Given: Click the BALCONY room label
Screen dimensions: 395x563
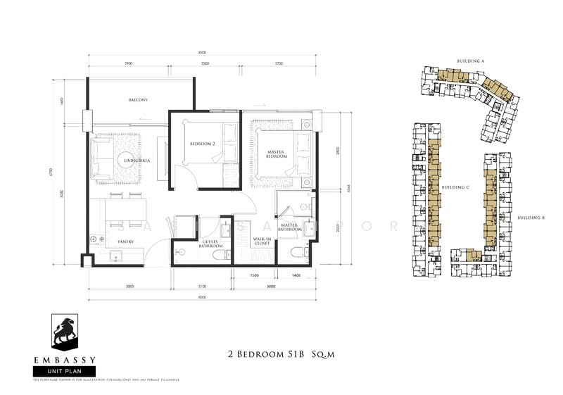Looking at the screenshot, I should [x=138, y=100].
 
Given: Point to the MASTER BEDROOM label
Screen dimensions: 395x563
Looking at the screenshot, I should [x=276, y=153].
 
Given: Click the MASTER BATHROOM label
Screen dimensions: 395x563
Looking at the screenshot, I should [x=289, y=227].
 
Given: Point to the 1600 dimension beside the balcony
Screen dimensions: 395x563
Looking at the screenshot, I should [x=63, y=101].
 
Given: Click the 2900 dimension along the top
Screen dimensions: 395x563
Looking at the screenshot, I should [x=128, y=64].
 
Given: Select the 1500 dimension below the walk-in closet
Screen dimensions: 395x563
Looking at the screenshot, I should [x=255, y=276].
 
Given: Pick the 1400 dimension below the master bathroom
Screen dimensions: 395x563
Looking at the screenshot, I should [x=296, y=276].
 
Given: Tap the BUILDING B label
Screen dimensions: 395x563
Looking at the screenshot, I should [x=531, y=218].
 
